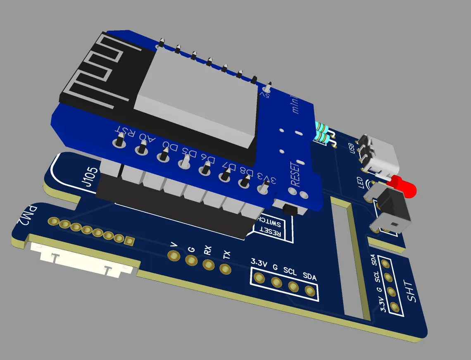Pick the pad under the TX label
225,269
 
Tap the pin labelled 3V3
261,188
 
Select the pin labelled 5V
268,87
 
